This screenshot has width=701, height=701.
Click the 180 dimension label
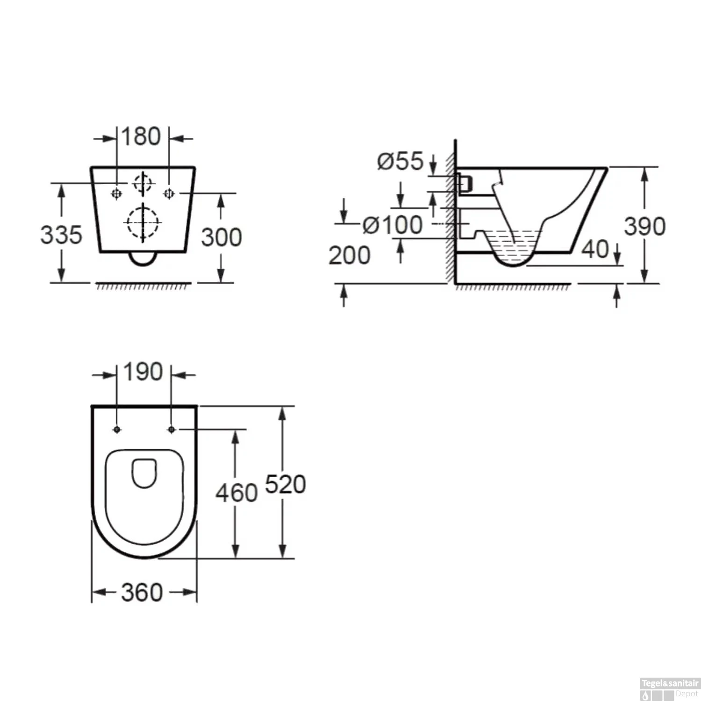141,136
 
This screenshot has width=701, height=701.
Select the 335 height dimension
61,235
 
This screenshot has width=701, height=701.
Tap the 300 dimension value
222,237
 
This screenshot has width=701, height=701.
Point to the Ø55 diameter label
400,161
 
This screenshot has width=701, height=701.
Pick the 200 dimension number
349,256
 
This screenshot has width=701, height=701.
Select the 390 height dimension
645,227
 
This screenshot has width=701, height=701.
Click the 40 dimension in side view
595,249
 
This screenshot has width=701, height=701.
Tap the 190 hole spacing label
143,372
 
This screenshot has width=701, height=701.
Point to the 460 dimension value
236,493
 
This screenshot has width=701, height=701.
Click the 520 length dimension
285,484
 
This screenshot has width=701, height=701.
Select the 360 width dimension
142,593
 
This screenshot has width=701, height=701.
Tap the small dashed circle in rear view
143,183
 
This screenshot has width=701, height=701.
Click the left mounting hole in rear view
116,193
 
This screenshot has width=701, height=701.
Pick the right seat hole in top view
172,429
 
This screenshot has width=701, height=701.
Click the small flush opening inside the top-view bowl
144,473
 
